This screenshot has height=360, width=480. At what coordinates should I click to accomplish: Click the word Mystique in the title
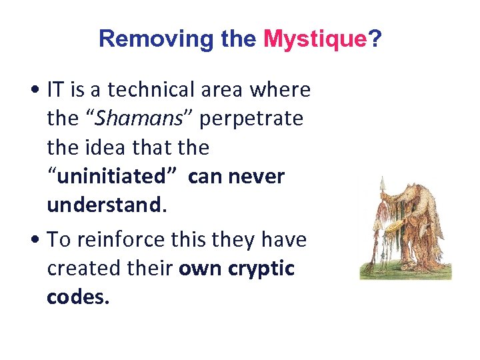pyautogui.click(x=315, y=39)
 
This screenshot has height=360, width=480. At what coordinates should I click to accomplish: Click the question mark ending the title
pyautogui.click(x=375, y=39)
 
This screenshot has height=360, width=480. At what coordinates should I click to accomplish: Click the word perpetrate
pyautogui.click(x=251, y=119)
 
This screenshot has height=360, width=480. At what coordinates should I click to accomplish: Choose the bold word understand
pyautogui.click(x=103, y=205)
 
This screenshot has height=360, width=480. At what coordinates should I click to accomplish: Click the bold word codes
pyautogui.click(x=77, y=297)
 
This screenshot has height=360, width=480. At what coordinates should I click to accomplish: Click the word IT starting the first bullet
pyautogui.click(x=57, y=89)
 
